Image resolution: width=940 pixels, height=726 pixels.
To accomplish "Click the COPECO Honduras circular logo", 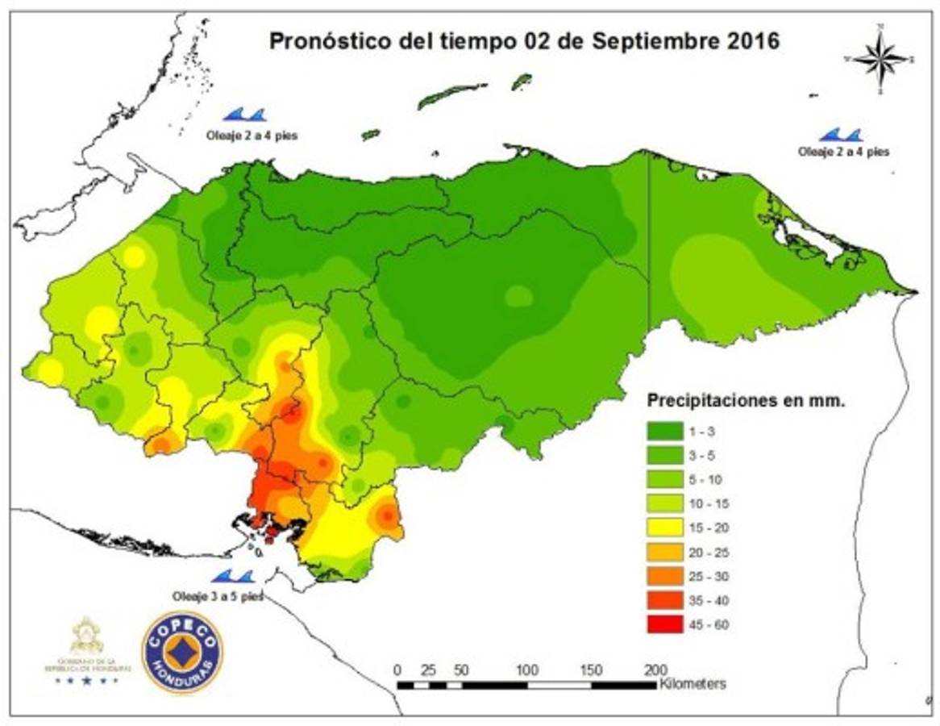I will tap(181, 651).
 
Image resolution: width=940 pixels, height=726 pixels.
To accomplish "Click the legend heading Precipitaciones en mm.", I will tap(747, 401).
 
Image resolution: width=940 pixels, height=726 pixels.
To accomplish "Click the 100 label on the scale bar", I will tap(527, 670).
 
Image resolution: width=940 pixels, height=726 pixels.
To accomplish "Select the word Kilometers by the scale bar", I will tap(693, 684).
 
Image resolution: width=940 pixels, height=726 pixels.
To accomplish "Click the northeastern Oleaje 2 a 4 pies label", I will tap(844, 151).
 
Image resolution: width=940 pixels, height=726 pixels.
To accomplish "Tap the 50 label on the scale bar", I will tap(460, 670).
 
